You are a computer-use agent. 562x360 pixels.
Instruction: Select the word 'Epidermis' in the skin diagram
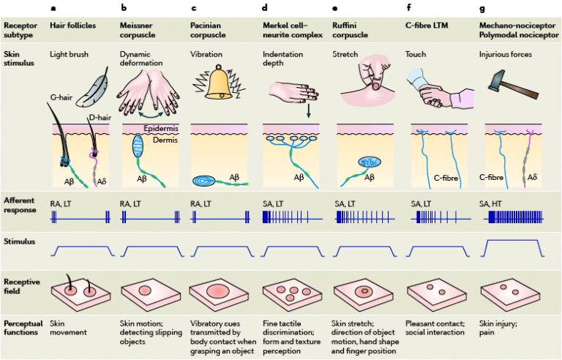click(160, 128)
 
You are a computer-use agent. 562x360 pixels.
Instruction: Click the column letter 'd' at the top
click(265, 10)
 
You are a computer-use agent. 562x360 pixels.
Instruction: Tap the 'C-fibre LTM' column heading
click(427, 25)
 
